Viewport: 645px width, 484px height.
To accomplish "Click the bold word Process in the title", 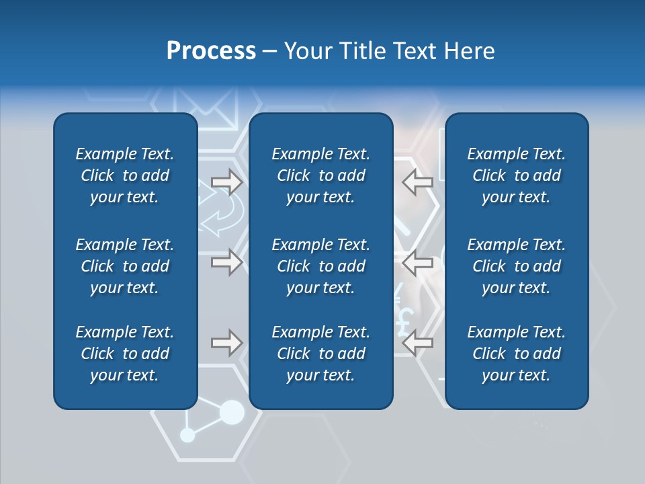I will point(211,51).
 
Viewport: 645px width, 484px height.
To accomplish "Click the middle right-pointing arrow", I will point(226,262).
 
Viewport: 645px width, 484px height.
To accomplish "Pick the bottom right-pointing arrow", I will point(226,343).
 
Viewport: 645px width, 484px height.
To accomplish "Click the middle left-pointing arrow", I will point(418,262).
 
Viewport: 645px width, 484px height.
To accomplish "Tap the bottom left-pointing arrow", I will point(418,343).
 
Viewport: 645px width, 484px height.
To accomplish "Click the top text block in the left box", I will point(125,175).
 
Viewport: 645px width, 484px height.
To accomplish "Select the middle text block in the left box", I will point(125,266).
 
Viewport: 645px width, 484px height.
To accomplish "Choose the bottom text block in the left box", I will point(125,354).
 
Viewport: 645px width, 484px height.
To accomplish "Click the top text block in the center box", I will point(320,175).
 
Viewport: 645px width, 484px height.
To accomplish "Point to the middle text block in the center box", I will point(320,266).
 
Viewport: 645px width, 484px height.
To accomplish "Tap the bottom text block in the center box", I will point(320,354).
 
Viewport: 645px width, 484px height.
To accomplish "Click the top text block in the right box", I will point(516,175).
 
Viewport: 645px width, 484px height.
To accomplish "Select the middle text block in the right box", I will point(516,266).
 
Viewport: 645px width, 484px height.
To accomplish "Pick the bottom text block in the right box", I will point(516,354).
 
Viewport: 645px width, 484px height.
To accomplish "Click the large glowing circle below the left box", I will point(232,412).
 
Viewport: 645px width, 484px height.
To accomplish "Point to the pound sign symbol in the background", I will point(403,321).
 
